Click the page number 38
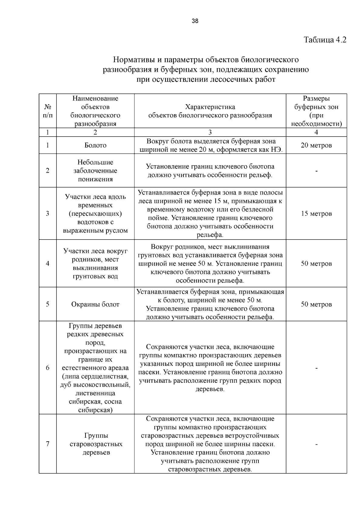[195, 21]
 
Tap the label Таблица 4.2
[325, 40]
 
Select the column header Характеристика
[210, 107]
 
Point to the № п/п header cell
[48, 111]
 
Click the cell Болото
[95, 145]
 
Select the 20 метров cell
[316, 145]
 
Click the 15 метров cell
[316, 214]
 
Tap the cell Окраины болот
[95, 304]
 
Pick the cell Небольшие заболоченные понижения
[95, 171]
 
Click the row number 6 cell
[48, 368]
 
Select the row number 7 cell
[48, 444]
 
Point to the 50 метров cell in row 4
[316, 264]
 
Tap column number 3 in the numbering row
[210, 132]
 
